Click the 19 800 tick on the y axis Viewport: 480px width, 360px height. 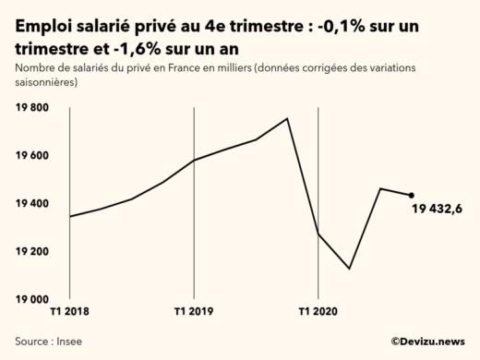(x=32, y=108)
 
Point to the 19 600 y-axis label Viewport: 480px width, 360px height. (x=32, y=156)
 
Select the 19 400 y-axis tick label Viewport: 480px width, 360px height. (x=32, y=204)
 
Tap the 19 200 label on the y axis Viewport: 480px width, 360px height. (x=32, y=252)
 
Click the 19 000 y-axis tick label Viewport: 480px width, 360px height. (x=32, y=300)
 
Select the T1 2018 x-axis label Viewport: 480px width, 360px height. (x=70, y=313)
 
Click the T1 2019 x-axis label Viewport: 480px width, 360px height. (x=193, y=313)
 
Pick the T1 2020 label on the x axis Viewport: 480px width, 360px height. (x=318, y=313)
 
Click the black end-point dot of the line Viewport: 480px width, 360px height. (x=411, y=195)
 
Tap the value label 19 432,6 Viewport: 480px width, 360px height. (x=438, y=210)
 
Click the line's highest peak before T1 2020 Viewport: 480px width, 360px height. (x=287, y=118)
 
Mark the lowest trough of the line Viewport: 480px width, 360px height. (x=349, y=269)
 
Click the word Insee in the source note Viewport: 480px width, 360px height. (x=70, y=341)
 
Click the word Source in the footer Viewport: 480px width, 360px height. (x=32, y=341)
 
